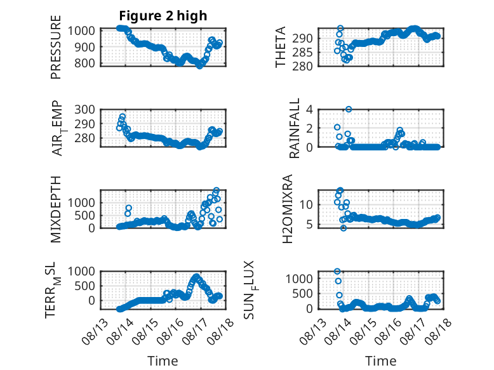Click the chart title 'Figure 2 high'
[163, 16]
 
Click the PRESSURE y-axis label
[55, 47]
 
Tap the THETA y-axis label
[280, 47]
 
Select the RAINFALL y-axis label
[294, 128]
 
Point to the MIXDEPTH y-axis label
[55, 209]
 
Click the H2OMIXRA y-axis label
[288, 209]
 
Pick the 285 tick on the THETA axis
[302, 52]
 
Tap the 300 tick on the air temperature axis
[84, 110]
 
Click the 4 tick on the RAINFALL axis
[309, 110]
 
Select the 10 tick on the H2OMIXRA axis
[306, 205]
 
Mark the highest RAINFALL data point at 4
[349, 109]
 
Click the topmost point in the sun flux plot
[337, 271]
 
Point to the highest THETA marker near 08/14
[340, 29]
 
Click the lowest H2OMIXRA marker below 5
[344, 228]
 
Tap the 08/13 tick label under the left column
[95, 331]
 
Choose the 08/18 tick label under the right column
[438, 331]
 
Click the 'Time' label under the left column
[163, 361]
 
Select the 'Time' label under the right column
[381, 361]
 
